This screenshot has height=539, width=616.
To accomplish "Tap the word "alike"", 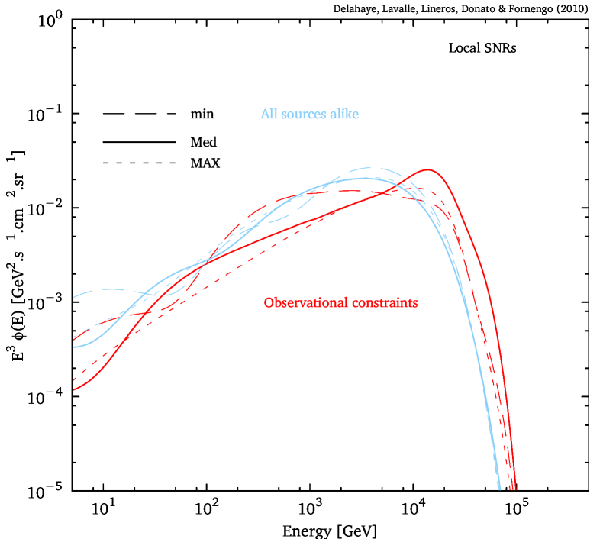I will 343,115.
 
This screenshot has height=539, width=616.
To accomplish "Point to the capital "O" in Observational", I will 268,303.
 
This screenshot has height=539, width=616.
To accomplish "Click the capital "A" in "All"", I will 265,115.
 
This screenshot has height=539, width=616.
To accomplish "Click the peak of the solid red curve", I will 427,170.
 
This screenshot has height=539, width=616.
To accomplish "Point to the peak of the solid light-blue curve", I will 365,179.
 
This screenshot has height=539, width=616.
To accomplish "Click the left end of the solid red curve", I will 74,390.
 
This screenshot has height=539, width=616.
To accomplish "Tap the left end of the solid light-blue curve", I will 74,347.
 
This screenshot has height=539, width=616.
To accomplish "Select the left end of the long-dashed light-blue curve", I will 74,296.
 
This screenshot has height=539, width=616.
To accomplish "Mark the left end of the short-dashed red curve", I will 74,379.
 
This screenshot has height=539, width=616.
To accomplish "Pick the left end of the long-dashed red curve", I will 74,337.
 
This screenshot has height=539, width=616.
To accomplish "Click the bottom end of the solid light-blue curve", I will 499,489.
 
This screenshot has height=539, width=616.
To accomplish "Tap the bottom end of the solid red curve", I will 516,489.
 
